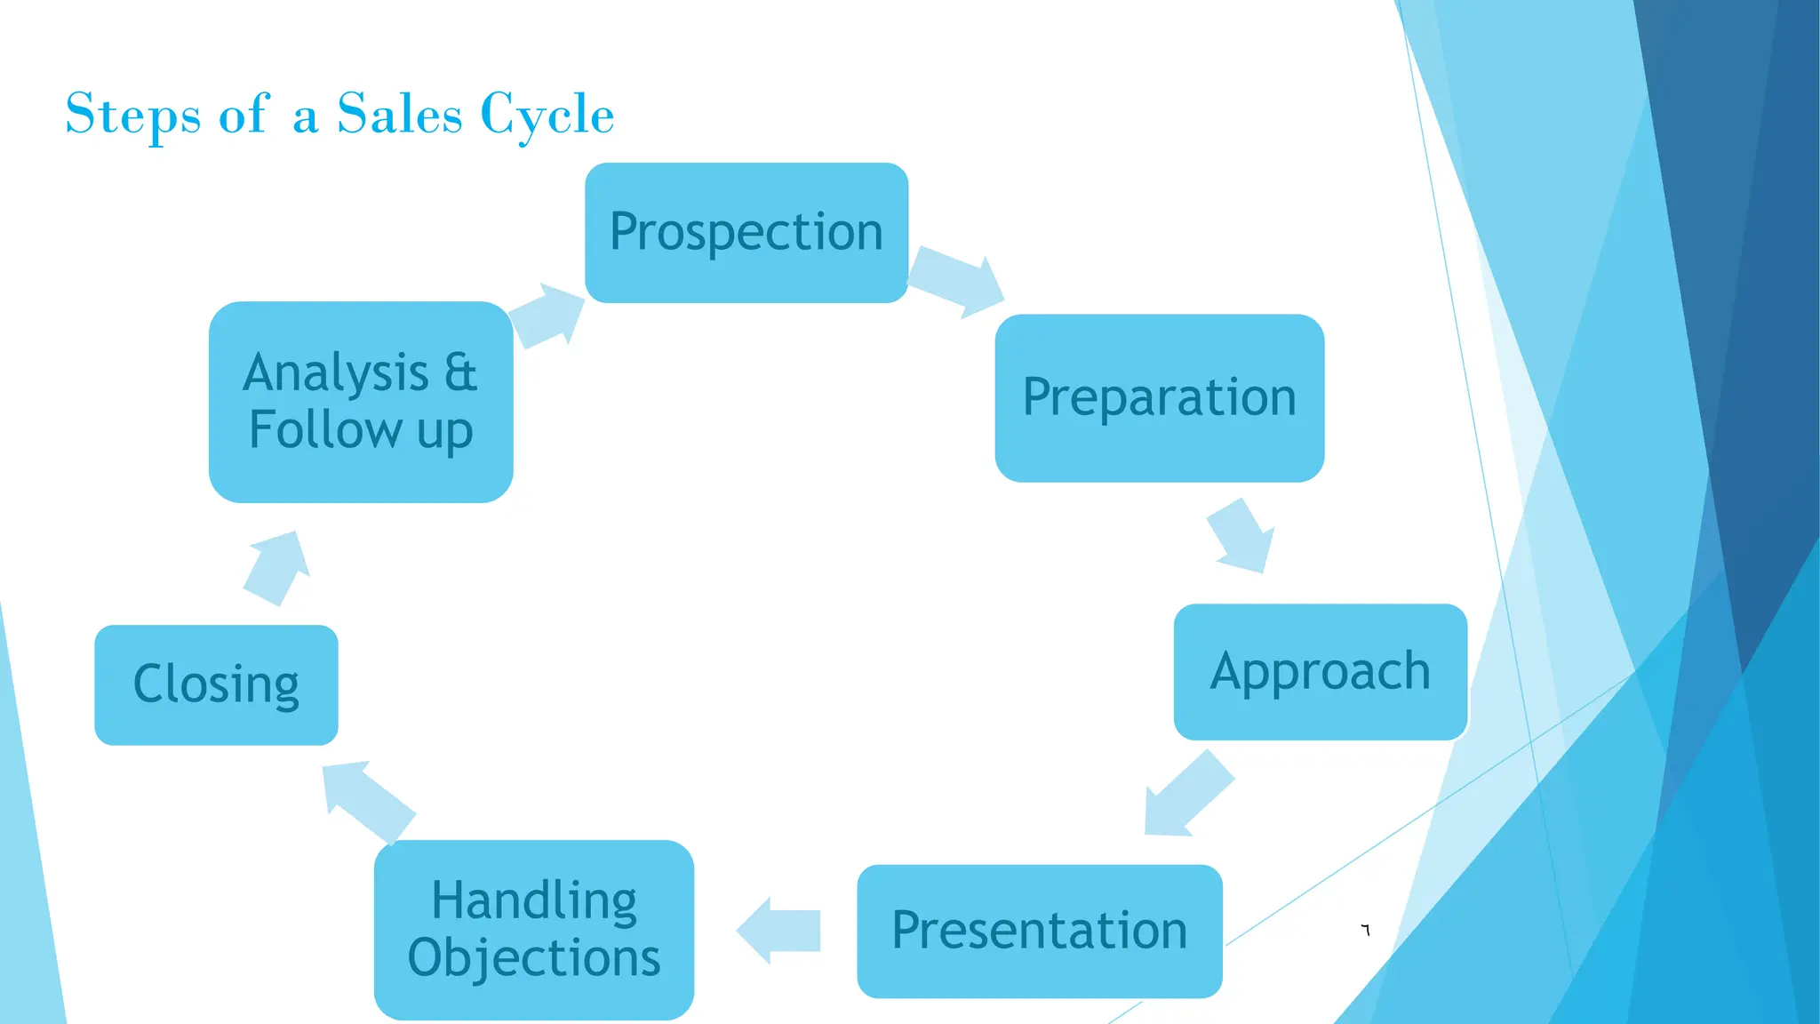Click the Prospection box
coord(746,233)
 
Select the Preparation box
coord(1159,398)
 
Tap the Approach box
coord(1320,672)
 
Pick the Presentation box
coord(1039,931)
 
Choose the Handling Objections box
coord(533,930)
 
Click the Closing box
coord(216,684)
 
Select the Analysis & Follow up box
coord(360,402)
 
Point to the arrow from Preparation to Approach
coord(1241,535)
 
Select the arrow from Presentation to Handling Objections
coord(779,931)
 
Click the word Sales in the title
coord(400,114)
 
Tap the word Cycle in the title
coord(547,116)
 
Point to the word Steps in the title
coord(133,116)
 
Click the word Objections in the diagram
coord(533,958)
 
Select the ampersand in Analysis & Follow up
coord(460,372)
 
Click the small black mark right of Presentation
coord(1366,930)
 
